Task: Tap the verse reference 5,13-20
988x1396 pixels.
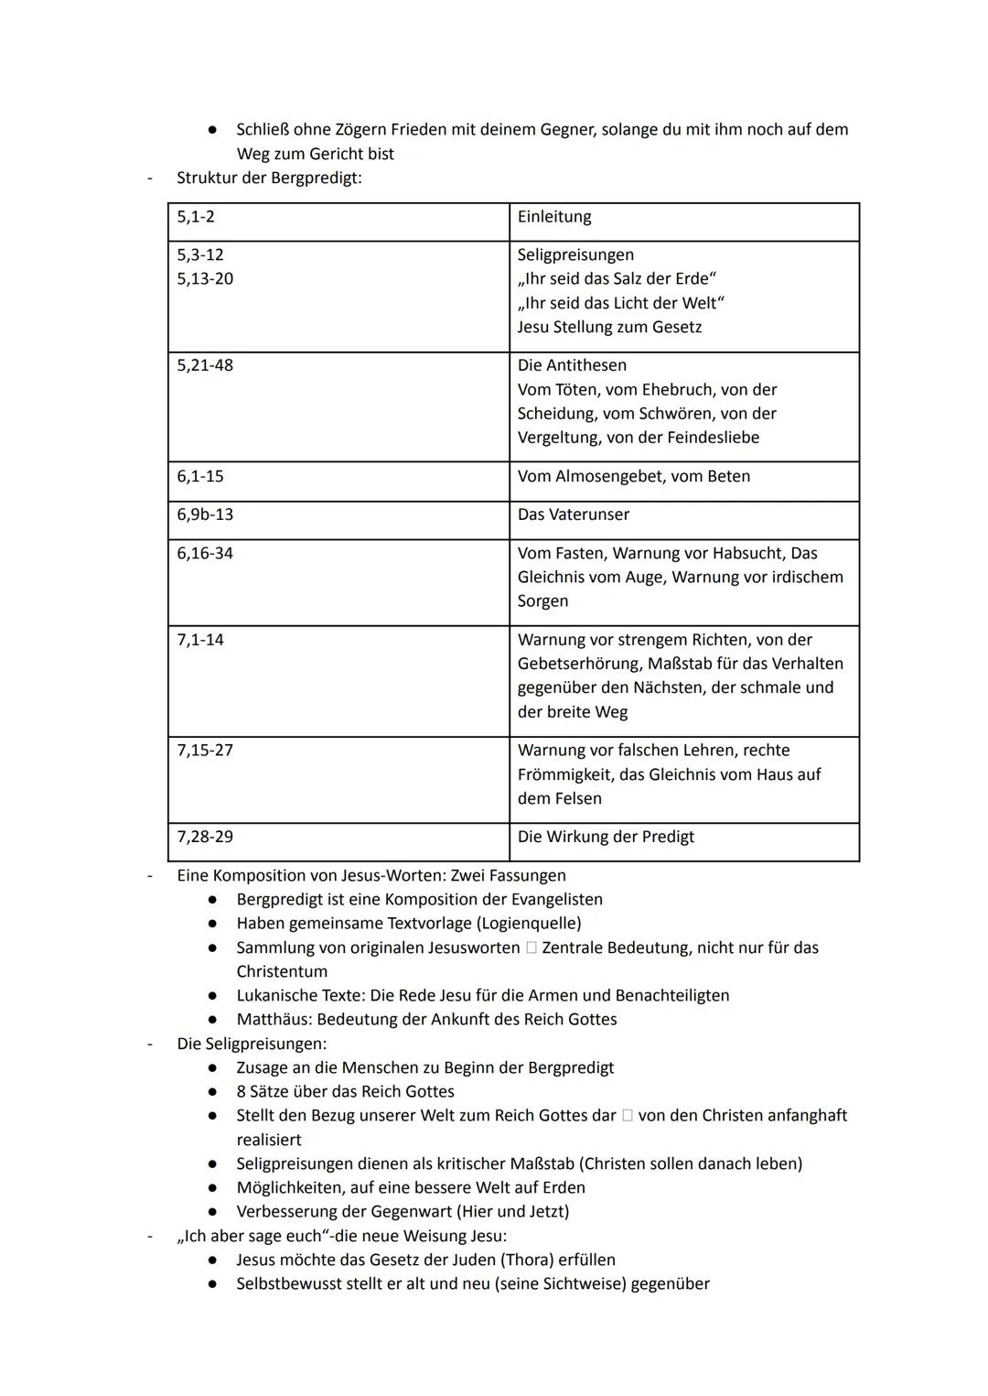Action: coord(205,279)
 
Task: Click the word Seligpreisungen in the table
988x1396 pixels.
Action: coord(575,255)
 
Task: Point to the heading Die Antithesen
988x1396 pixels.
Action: coord(572,365)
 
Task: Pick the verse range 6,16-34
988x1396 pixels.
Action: coord(205,553)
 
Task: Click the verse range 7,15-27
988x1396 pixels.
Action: coord(205,751)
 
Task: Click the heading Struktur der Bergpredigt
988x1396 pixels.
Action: coord(269,178)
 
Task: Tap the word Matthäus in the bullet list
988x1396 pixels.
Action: coord(273,1020)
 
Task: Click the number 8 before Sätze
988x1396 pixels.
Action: coord(242,1092)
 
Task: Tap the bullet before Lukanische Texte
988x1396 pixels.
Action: coord(212,996)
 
